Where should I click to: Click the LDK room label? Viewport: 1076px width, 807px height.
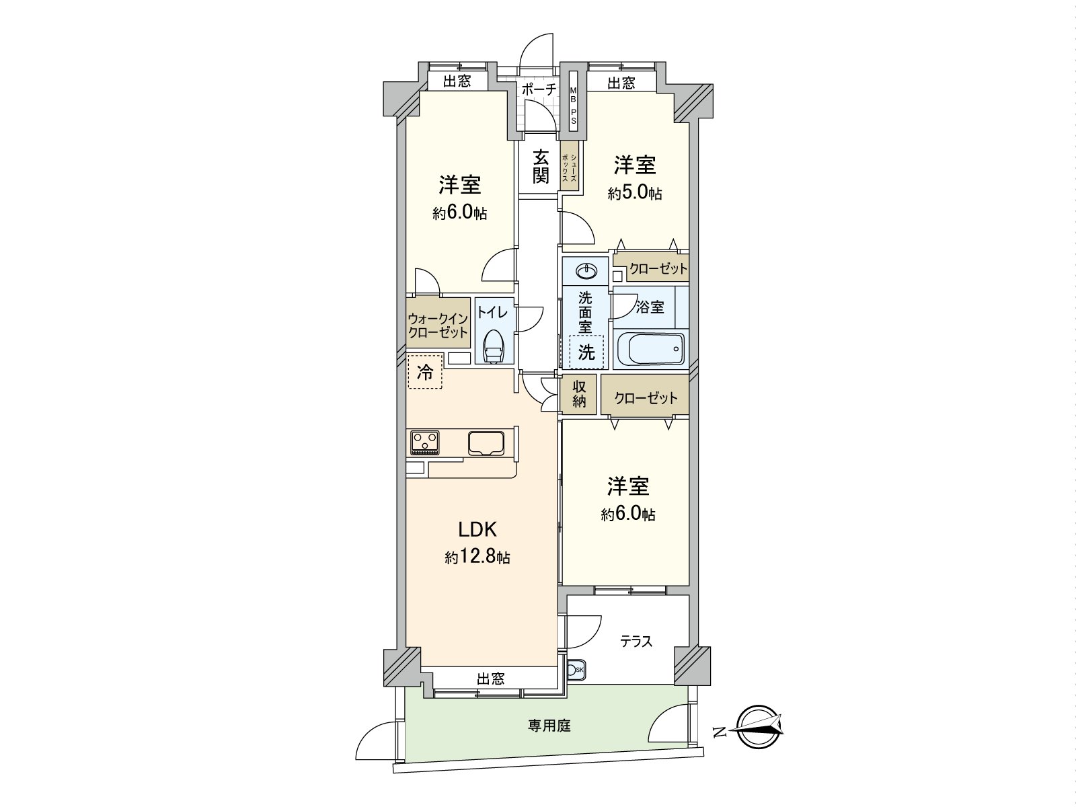tap(477, 530)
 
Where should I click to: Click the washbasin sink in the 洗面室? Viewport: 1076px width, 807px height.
tap(586, 272)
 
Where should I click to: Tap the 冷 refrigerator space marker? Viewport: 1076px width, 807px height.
tap(425, 372)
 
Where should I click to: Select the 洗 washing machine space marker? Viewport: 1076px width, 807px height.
tap(586, 352)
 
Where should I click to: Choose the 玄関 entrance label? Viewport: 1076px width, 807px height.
tap(541, 167)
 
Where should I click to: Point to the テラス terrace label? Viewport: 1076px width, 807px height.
tap(636, 641)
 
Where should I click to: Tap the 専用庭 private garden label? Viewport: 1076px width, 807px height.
tap(549, 726)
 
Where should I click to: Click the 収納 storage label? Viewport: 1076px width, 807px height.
tap(580, 395)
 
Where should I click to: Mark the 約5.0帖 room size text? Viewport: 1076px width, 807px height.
tap(635, 194)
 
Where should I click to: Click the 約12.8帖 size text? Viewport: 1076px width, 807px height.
tap(477, 558)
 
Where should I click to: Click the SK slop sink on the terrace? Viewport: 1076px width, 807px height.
tap(576, 670)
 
